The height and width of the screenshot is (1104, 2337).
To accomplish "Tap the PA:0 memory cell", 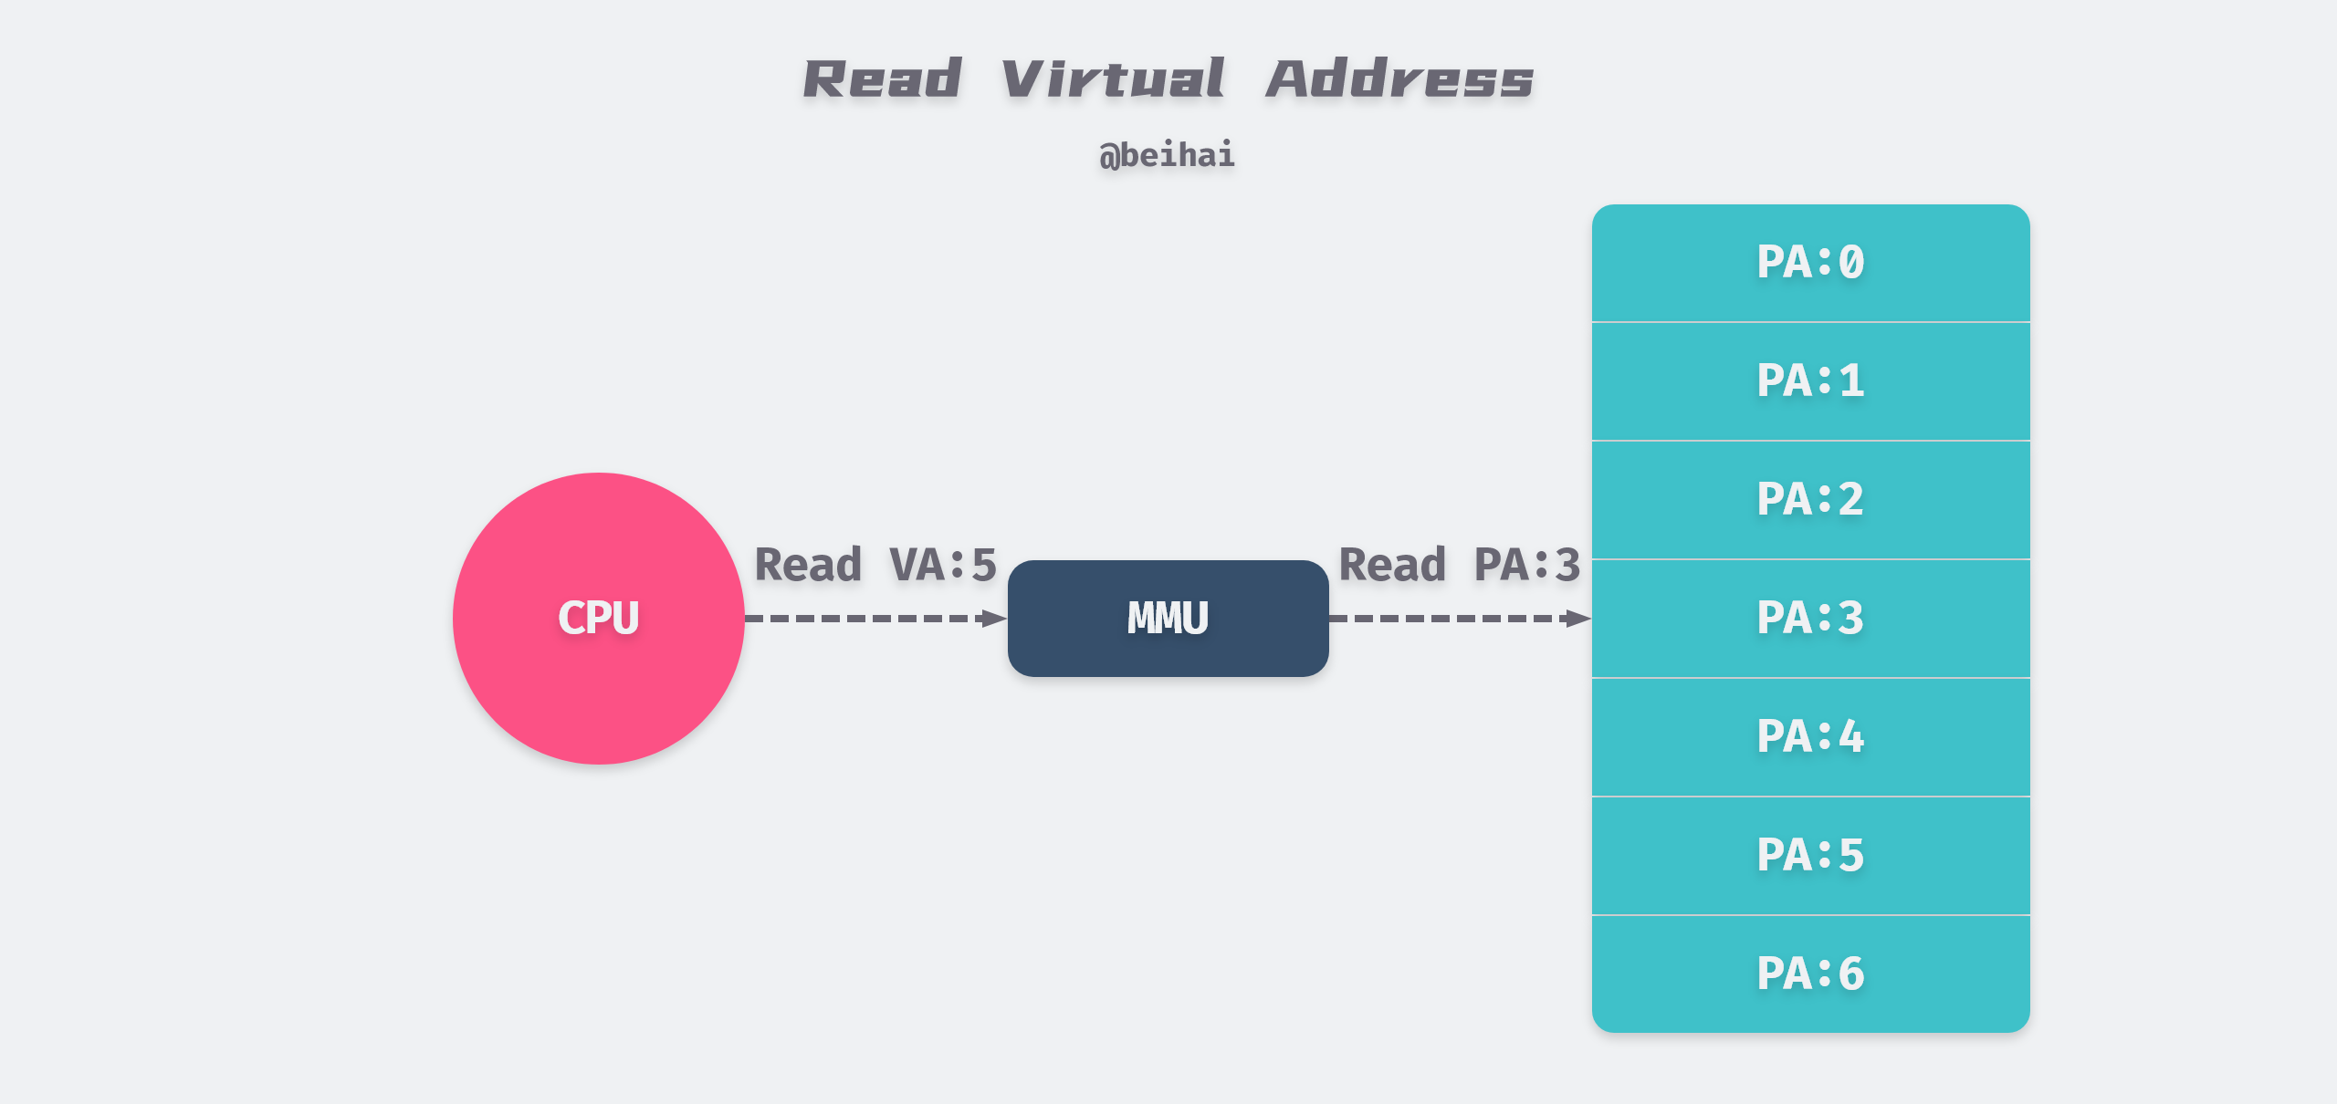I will [x=1810, y=263].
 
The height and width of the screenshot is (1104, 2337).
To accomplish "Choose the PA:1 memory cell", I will [x=1810, y=381].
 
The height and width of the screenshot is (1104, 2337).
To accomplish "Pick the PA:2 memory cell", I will [x=1810, y=500].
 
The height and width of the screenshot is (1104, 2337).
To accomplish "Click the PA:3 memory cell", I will [x=1810, y=619].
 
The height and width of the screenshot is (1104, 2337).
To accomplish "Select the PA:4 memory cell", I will [x=1810, y=737].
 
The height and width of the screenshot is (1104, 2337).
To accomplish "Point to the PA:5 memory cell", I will [x=1810, y=856].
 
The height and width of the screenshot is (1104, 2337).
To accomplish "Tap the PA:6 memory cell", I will [x=1810, y=974].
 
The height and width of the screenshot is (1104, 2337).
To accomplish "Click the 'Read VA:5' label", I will [x=875, y=565].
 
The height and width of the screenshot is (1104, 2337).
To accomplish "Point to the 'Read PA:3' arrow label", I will [x=1459, y=565].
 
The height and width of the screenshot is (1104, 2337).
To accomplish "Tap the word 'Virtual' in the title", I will [x=1112, y=79].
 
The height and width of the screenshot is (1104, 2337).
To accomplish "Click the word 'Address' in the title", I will [x=1399, y=79].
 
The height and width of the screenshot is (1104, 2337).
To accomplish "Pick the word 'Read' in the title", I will [x=882, y=79].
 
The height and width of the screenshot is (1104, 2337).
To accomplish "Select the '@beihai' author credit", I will [x=1167, y=155].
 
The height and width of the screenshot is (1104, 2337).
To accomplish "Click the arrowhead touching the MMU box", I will [x=993, y=619].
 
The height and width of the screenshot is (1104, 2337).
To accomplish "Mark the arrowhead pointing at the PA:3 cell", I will [x=1577, y=619].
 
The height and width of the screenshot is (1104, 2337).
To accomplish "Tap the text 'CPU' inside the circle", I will [x=598, y=618].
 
